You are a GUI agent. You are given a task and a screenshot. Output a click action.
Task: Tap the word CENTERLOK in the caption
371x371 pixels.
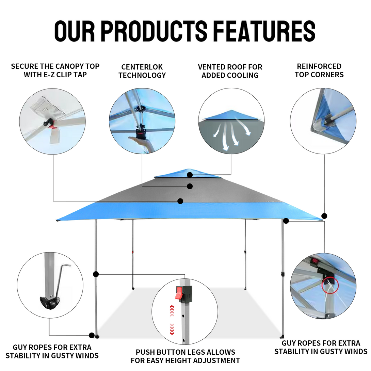point(142,67)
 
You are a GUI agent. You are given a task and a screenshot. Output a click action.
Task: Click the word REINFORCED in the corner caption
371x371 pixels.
point(319,66)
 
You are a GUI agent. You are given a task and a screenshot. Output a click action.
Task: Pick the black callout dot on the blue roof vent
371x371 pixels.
point(190,175)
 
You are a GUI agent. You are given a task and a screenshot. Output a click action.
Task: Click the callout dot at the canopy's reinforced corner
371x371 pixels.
point(324,216)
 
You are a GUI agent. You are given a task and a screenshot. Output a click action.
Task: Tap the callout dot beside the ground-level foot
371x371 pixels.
point(92,335)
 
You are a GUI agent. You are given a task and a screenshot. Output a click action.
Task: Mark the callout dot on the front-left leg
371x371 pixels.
point(96,274)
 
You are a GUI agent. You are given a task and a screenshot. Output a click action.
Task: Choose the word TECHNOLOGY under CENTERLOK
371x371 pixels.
point(142,75)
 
